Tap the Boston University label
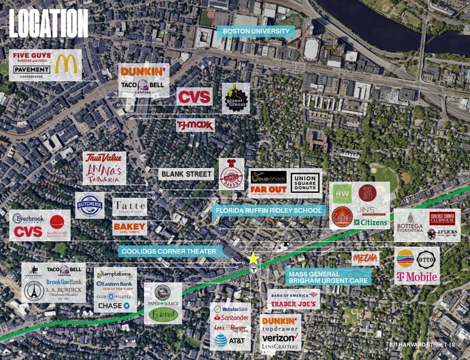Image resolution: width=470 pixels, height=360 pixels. click(x=255, y=31)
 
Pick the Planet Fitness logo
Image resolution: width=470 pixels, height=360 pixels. click(x=235, y=98)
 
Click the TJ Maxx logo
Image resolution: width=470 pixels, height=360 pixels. click(x=195, y=126)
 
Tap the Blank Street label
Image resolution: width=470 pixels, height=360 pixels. click(x=186, y=174)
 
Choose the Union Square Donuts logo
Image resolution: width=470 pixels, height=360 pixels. click(x=305, y=182)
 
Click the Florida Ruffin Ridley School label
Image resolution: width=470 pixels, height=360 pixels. click(x=269, y=211)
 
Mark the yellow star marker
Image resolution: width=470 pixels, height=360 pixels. click(x=253, y=259)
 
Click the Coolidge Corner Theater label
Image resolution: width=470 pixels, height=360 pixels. click(x=171, y=251)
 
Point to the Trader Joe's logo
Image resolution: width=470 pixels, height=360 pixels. click(x=293, y=304)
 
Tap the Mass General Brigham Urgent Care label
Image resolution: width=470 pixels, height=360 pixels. click(x=328, y=276)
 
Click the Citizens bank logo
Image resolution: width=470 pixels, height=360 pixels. click(x=370, y=223)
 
